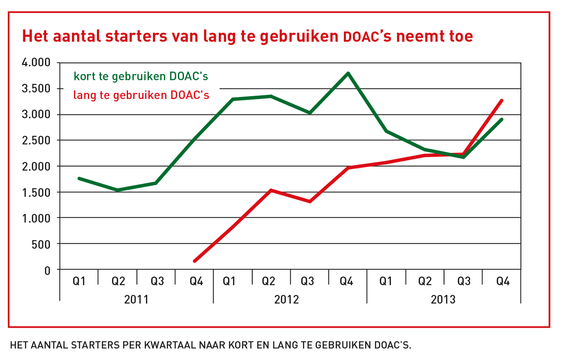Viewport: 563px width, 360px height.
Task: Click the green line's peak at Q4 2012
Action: pos(348,74)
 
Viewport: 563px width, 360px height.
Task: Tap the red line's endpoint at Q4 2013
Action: pos(502,100)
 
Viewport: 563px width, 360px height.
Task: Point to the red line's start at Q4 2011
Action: pos(195,261)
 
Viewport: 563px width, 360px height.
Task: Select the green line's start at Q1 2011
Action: pos(79,178)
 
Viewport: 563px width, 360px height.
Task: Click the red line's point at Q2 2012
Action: pos(271,190)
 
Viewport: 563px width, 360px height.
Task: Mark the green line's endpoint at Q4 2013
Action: pos(502,119)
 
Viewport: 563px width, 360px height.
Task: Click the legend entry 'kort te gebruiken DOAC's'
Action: pos(141,76)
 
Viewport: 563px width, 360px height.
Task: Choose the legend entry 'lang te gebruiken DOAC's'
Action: pos(141,95)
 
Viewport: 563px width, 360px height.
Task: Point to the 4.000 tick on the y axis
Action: pos(36,63)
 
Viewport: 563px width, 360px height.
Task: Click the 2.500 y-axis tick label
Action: pos(36,140)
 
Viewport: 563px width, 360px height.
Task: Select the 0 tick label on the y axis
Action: pos(47,270)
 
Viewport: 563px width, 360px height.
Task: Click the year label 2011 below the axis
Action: pos(136,299)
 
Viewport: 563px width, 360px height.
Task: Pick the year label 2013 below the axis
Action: pos(443,299)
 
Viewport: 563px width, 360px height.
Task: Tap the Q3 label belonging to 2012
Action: pos(307,281)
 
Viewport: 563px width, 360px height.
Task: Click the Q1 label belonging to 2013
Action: pos(386,281)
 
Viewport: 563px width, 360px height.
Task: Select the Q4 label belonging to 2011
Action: pos(196,281)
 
